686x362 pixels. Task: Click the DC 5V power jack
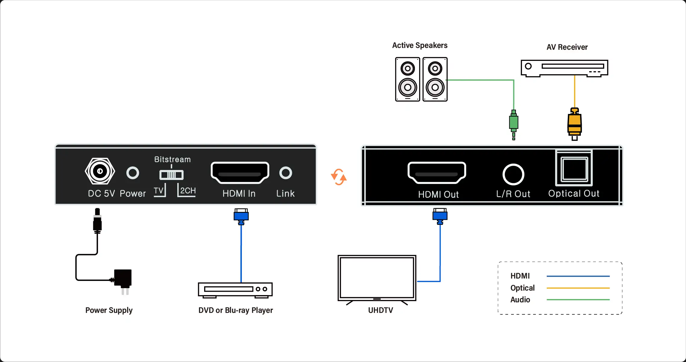pyautogui.click(x=100, y=171)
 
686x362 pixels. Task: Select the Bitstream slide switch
pyautogui.click(x=171, y=175)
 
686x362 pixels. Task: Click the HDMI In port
pyautogui.click(x=240, y=173)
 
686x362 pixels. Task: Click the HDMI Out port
pyautogui.click(x=437, y=173)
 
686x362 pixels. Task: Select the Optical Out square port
pyautogui.click(x=574, y=168)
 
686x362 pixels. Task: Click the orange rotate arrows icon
pyautogui.click(x=339, y=177)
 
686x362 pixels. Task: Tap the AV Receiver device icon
pyautogui.click(x=564, y=68)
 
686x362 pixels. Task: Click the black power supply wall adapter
pyautogui.click(x=123, y=282)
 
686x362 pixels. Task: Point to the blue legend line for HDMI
pyautogui.click(x=578, y=276)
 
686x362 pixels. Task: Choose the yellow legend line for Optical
pyautogui.click(x=578, y=288)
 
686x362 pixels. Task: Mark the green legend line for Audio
pyautogui.click(x=578, y=300)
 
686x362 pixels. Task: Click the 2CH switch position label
pyautogui.click(x=188, y=190)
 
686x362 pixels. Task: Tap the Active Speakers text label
pyautogui.click(x=420, y=46)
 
